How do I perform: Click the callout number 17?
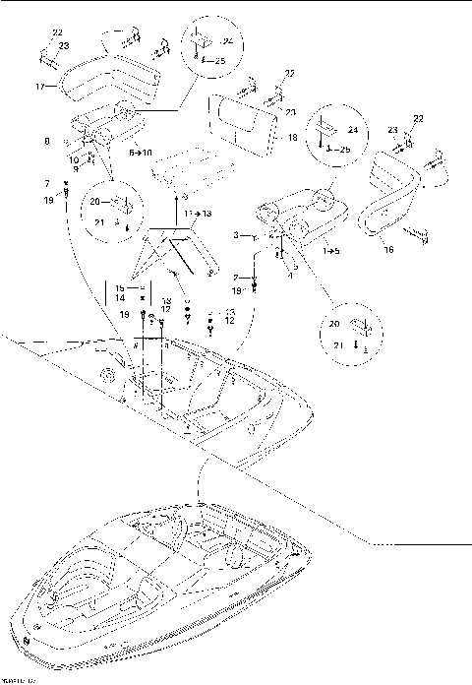(40, 87)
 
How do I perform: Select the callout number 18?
(292, 139)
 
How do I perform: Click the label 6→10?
(141, 153)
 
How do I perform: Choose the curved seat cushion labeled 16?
(393, 197)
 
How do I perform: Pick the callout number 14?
(118, 296)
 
